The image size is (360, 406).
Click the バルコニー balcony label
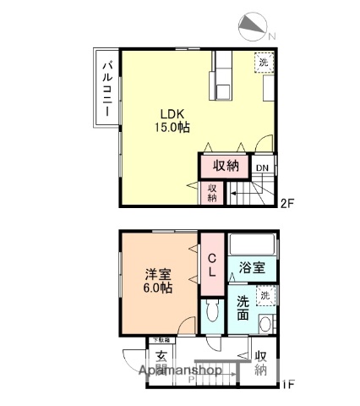[108, 89]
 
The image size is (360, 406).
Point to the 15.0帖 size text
[171, 128]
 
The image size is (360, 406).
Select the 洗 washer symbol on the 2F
[264, 63]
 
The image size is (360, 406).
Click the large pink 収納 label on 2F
[225, 167]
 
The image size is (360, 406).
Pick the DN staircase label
[263, 167]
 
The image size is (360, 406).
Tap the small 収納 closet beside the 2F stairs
[212, 192]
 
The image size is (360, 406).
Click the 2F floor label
[288, 203]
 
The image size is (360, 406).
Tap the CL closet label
[212, 266]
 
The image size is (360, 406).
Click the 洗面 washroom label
[243, 306]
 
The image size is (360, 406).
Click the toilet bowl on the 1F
[213, 316]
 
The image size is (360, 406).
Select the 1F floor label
[287, 385]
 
